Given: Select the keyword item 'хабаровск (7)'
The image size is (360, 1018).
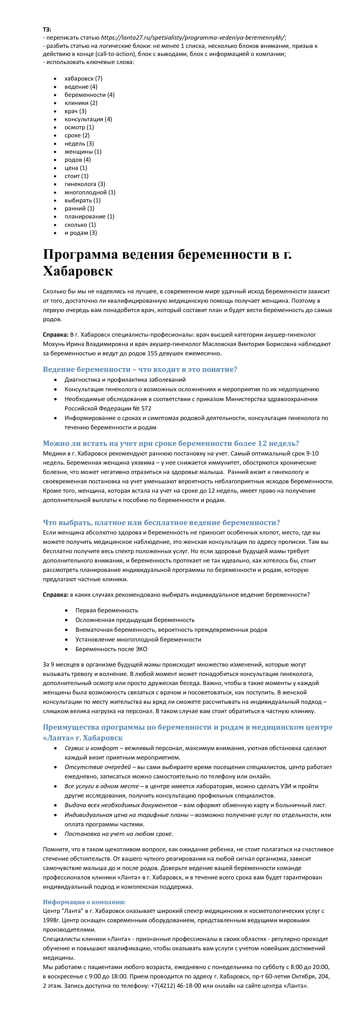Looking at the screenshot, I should tap(83, 79).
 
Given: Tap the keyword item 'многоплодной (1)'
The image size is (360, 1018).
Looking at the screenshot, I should tap(90, 192).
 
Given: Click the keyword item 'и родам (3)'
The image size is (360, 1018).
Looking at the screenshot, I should tap(81, 233).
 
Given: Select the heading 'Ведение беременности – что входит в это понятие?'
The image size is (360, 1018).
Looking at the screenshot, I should tap(140, 370).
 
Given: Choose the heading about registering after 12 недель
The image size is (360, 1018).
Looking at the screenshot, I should tap(171, 443).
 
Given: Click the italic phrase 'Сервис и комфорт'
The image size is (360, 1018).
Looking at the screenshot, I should tap(91, 748).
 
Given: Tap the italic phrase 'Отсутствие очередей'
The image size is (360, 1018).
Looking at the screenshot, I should tap(98, 767).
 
